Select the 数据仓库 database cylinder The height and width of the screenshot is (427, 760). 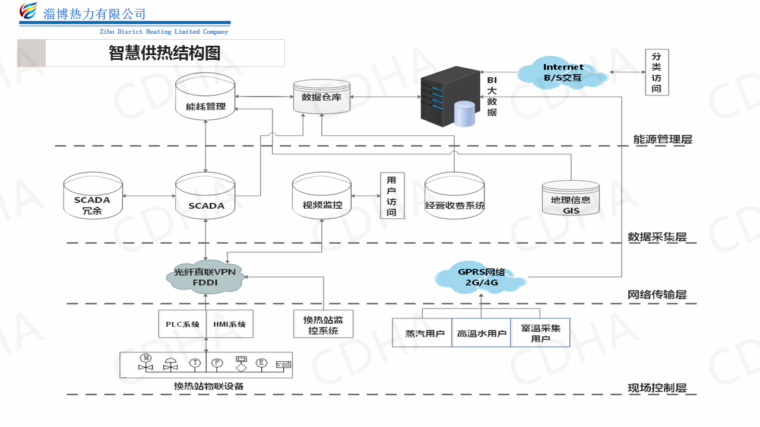pos(321,97)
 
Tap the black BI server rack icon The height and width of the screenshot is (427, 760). pos(449,96)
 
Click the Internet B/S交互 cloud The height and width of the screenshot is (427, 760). pos(562,72)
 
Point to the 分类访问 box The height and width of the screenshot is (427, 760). pos(656,72)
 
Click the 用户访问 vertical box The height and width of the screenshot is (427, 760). pos(391,195)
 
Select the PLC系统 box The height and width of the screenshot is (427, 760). pos(182,324)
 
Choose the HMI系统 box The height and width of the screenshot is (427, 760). pos(229,324)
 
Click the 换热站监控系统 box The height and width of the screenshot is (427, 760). pos(323,324)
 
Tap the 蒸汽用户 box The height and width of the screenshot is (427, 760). pos(422,333)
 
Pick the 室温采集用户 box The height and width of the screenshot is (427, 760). pos(540,333)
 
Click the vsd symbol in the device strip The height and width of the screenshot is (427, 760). pos(284,364)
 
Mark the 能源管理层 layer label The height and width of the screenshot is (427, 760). pos(663,139)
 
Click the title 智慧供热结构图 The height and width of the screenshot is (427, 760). pos(164,53)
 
